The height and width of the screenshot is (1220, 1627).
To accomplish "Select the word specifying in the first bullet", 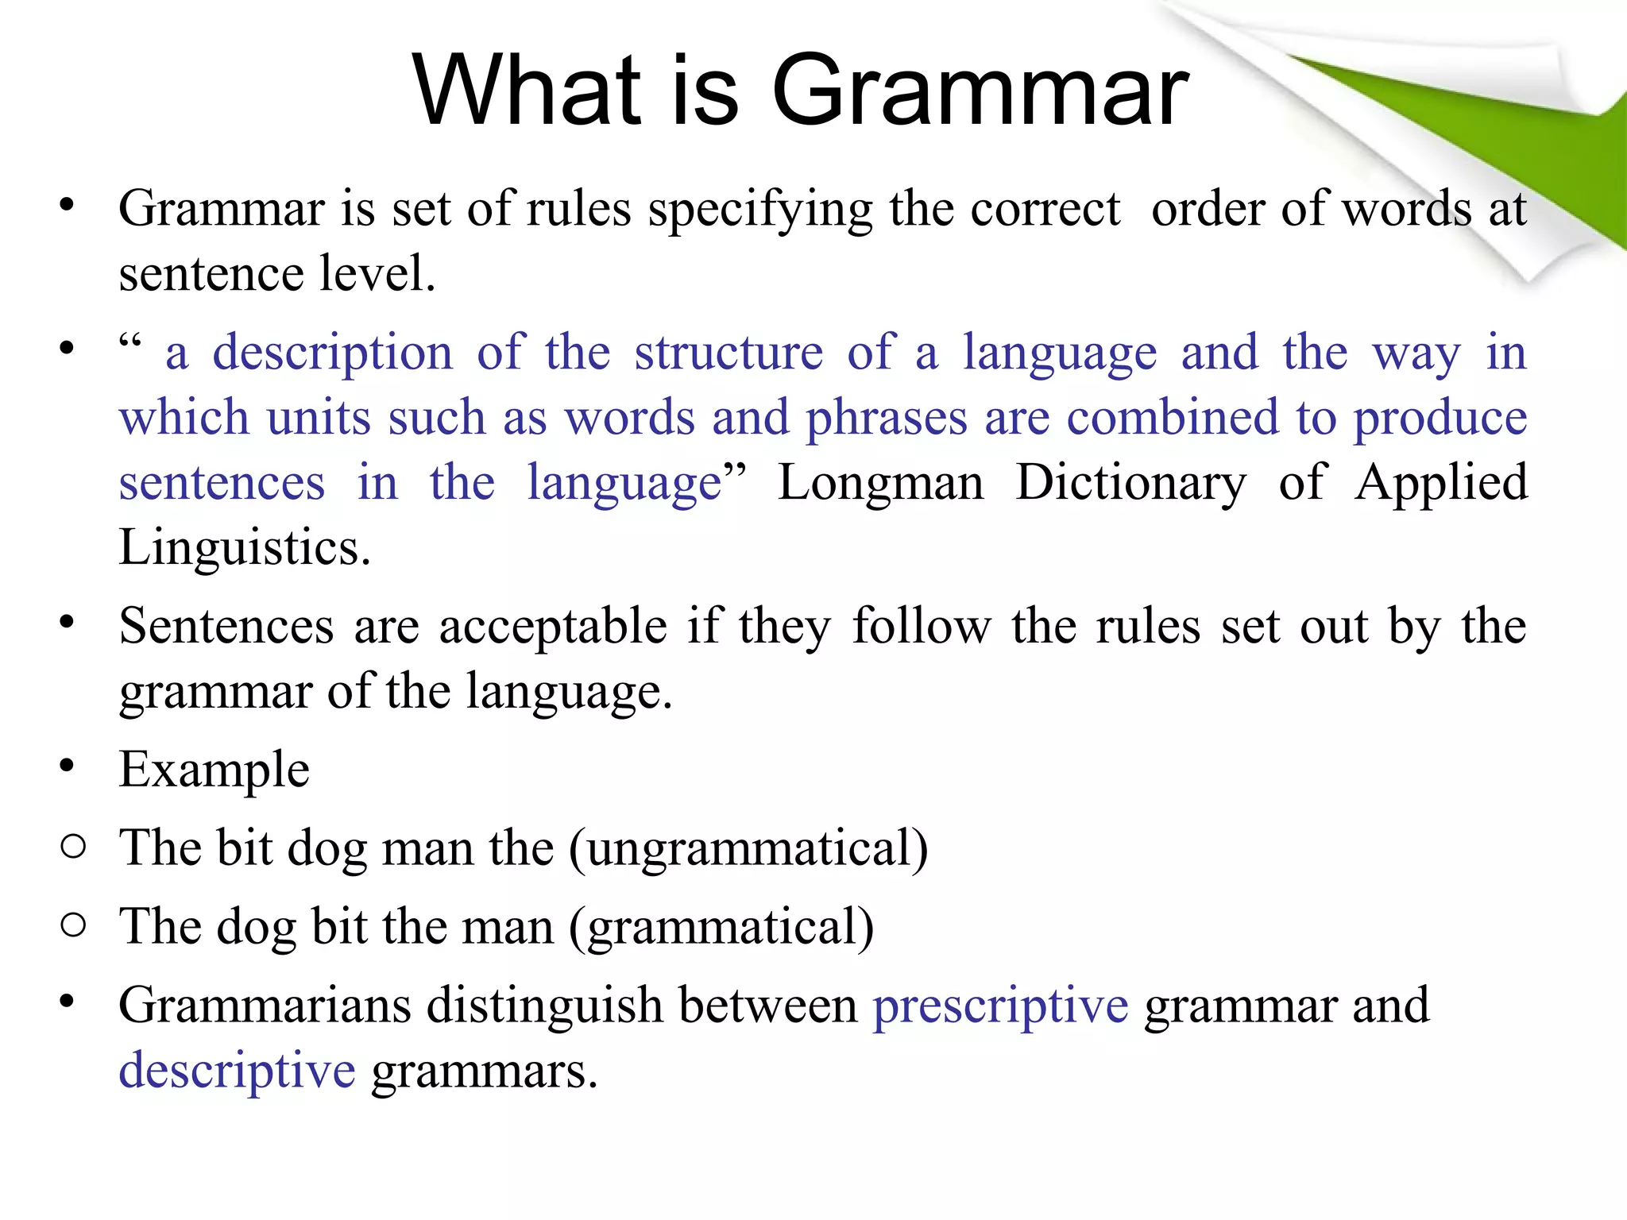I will (759, 211).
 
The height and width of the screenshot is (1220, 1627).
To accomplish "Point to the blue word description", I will (332, 354).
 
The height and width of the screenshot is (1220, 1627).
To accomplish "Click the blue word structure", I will (728, 353).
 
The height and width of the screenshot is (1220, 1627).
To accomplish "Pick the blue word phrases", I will (887, 419).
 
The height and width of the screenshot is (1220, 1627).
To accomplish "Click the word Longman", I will (880, 484).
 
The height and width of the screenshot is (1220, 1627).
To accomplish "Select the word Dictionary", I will (1131, 484).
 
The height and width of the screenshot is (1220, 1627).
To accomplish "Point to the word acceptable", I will (553, 627).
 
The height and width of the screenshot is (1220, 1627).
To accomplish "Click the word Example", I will (214, 770).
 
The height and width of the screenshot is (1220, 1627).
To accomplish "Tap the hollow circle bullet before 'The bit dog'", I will (72, 847).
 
